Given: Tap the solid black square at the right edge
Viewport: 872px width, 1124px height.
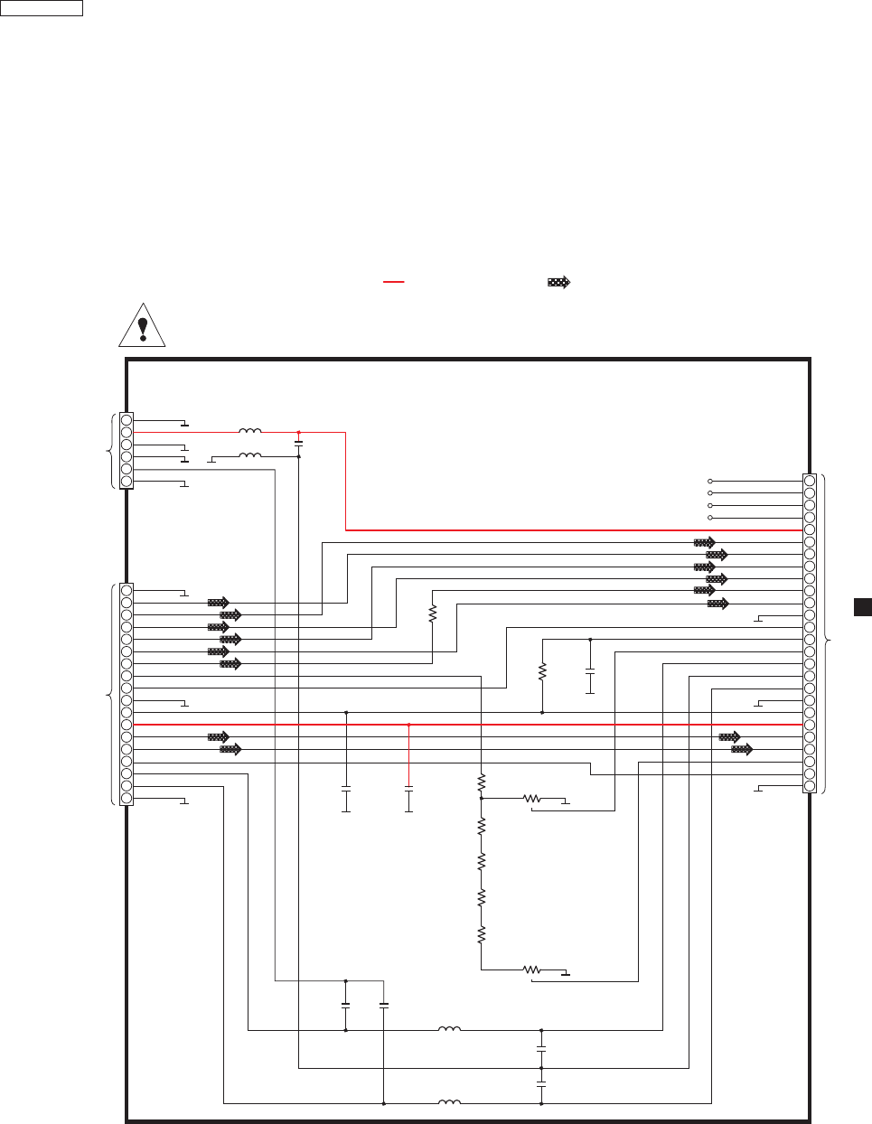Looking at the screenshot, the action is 862,606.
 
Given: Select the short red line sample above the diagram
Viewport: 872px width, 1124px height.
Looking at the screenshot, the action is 393,282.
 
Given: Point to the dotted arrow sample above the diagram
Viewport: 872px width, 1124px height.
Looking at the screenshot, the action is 559,282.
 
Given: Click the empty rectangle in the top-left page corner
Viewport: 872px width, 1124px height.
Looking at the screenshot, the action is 42,8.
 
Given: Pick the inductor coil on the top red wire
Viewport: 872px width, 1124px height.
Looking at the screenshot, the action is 249,432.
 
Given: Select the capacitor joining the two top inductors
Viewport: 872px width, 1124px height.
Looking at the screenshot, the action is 298,444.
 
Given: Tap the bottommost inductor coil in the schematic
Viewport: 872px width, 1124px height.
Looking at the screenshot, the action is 449,1102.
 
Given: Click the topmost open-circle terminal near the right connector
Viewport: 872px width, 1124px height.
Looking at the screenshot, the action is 710,481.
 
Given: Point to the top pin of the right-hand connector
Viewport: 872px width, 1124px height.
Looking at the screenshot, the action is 810,481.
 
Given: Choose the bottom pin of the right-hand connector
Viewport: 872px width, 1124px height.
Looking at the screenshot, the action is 810,786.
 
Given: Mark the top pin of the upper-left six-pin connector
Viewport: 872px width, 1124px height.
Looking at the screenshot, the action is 127,420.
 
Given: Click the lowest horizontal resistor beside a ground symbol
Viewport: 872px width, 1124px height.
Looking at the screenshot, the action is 531,969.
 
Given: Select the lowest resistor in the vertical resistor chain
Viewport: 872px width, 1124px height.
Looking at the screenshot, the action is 482,933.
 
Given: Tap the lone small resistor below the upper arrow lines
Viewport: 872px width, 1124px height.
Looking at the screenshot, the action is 433,614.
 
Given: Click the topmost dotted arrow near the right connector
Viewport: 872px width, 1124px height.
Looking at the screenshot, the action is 704,542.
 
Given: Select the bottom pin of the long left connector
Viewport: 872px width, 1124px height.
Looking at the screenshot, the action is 127,798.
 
